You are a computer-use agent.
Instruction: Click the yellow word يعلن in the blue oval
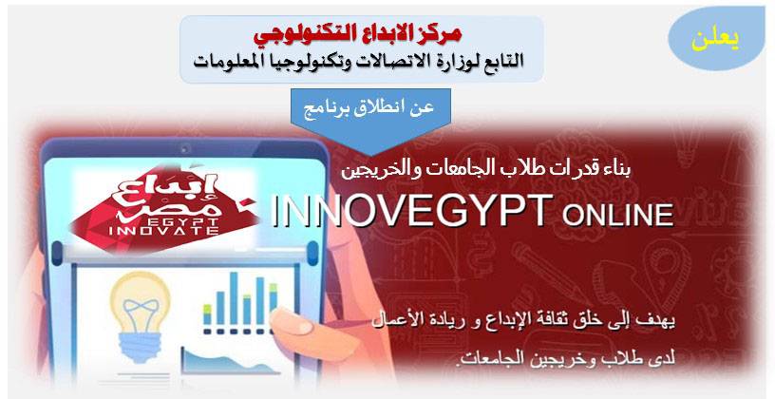715,41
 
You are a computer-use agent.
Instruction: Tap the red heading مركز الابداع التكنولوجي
357,33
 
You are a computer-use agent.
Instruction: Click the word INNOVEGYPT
411,211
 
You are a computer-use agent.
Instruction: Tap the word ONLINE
618,215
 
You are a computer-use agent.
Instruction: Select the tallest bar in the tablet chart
234,298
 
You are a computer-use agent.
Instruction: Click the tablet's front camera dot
186,148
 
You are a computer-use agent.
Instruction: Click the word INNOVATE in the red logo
163,231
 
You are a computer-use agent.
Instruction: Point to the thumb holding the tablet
294,323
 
